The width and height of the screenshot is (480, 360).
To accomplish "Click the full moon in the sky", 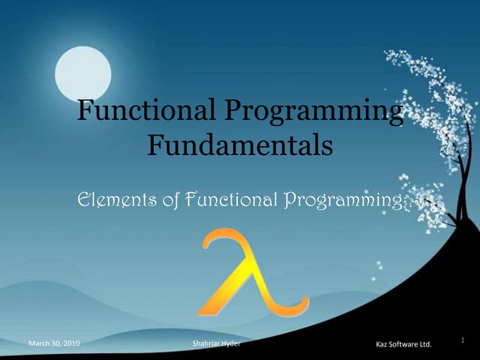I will (x=82, y=73).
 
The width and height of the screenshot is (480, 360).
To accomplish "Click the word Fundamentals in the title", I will (x=239, y=144).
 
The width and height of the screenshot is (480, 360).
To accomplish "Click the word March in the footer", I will (x=39, y=343).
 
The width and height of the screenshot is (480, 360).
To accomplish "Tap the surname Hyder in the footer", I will (x=232, y=343).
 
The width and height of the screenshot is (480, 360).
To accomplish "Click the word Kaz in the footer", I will (x=381, y=344).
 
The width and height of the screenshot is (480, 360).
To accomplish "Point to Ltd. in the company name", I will (x=427, y=344).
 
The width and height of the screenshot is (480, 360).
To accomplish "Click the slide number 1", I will (x=463, y=339).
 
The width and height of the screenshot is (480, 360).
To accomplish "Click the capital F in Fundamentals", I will (x=154, y=144).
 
